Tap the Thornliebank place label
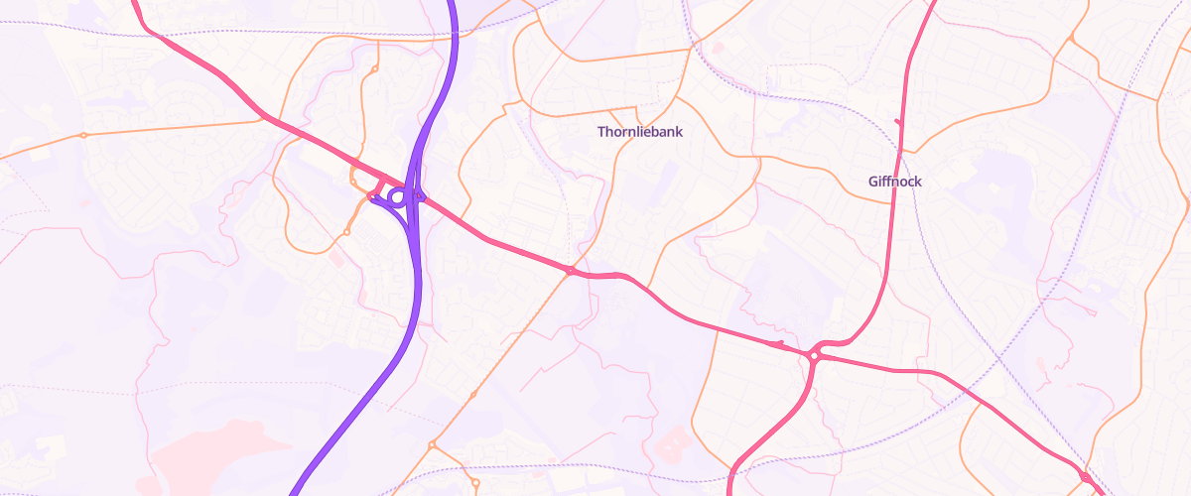(640, 131)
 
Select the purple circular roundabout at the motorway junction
(397, 197)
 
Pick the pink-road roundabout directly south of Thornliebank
(571, 271)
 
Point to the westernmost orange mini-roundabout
(83, 135)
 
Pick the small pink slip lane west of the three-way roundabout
(779, 344)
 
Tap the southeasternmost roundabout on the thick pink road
(1086, 477)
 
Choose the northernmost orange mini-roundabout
(374, 69)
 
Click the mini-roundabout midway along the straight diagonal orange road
(473, 395)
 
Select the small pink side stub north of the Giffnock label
(899, 122)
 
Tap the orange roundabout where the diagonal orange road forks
(432, 445)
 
